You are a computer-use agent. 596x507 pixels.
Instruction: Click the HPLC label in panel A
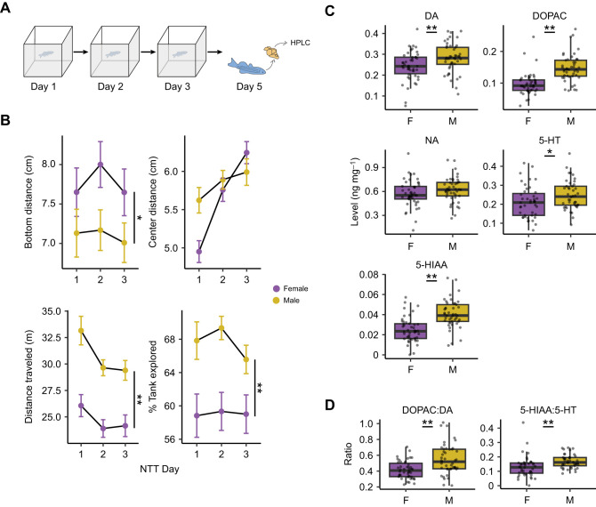click(300, 43)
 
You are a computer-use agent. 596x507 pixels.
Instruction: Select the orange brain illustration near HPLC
click(272, 52)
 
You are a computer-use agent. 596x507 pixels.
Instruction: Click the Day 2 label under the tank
click(110, 86)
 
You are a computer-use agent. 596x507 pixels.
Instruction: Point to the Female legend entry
click(291, 288)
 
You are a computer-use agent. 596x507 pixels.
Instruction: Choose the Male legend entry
click(286, 301)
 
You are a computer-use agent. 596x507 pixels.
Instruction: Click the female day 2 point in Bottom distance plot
click(101, 165)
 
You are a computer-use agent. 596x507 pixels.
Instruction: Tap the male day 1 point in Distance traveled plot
click(81, 331)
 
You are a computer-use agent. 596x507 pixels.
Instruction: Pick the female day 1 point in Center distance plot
click(198, 252)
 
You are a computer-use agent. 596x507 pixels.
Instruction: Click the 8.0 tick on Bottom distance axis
click(48, 165)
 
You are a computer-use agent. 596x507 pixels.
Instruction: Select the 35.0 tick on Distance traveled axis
click(52, 311)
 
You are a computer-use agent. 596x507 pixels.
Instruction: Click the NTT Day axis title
click(159, 469)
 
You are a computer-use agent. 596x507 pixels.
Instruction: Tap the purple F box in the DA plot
click(410, 65)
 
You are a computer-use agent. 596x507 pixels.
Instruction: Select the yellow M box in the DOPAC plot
click(570, 68)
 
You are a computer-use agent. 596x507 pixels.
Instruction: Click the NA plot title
click(431, 141)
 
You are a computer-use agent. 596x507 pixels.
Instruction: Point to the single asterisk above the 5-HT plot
click(550, 152)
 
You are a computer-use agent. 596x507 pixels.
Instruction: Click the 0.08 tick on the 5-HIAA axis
click(369, 275)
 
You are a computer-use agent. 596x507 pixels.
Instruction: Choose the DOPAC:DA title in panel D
click(427, 410)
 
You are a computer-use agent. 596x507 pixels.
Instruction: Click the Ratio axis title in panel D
click(348, 454)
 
